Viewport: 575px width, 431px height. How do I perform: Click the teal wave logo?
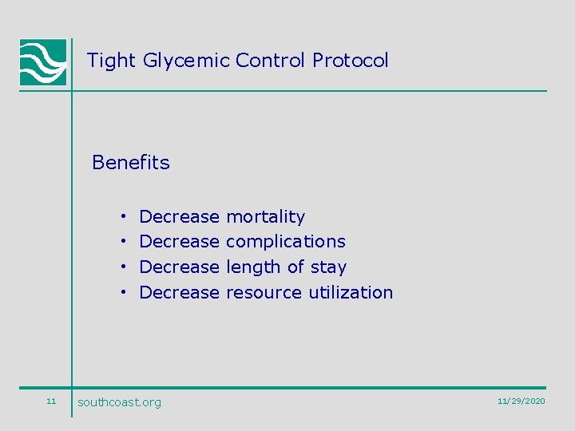tap(43, 62)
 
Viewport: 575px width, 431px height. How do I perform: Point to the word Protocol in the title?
tap(351, 60)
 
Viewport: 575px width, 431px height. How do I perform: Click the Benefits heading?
tap(131, 163)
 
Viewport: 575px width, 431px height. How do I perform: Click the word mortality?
tap(265, 217)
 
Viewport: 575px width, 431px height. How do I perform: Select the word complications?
tap(285, 242)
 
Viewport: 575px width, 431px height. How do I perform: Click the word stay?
tap(328, 267)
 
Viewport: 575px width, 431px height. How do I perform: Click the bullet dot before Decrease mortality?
tap(125, 217)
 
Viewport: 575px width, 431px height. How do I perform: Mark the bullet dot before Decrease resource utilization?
tap(125, 293)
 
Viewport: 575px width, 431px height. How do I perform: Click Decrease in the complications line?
tap(179, 242)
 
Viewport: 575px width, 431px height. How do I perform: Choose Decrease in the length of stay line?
tap(179, 267)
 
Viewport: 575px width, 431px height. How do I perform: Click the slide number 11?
tap(51, 401)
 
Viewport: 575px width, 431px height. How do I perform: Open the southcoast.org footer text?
tap(119, 402)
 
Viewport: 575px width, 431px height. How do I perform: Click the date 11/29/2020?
tap(521, 401)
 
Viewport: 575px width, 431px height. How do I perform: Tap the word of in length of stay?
tap(295, 267)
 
